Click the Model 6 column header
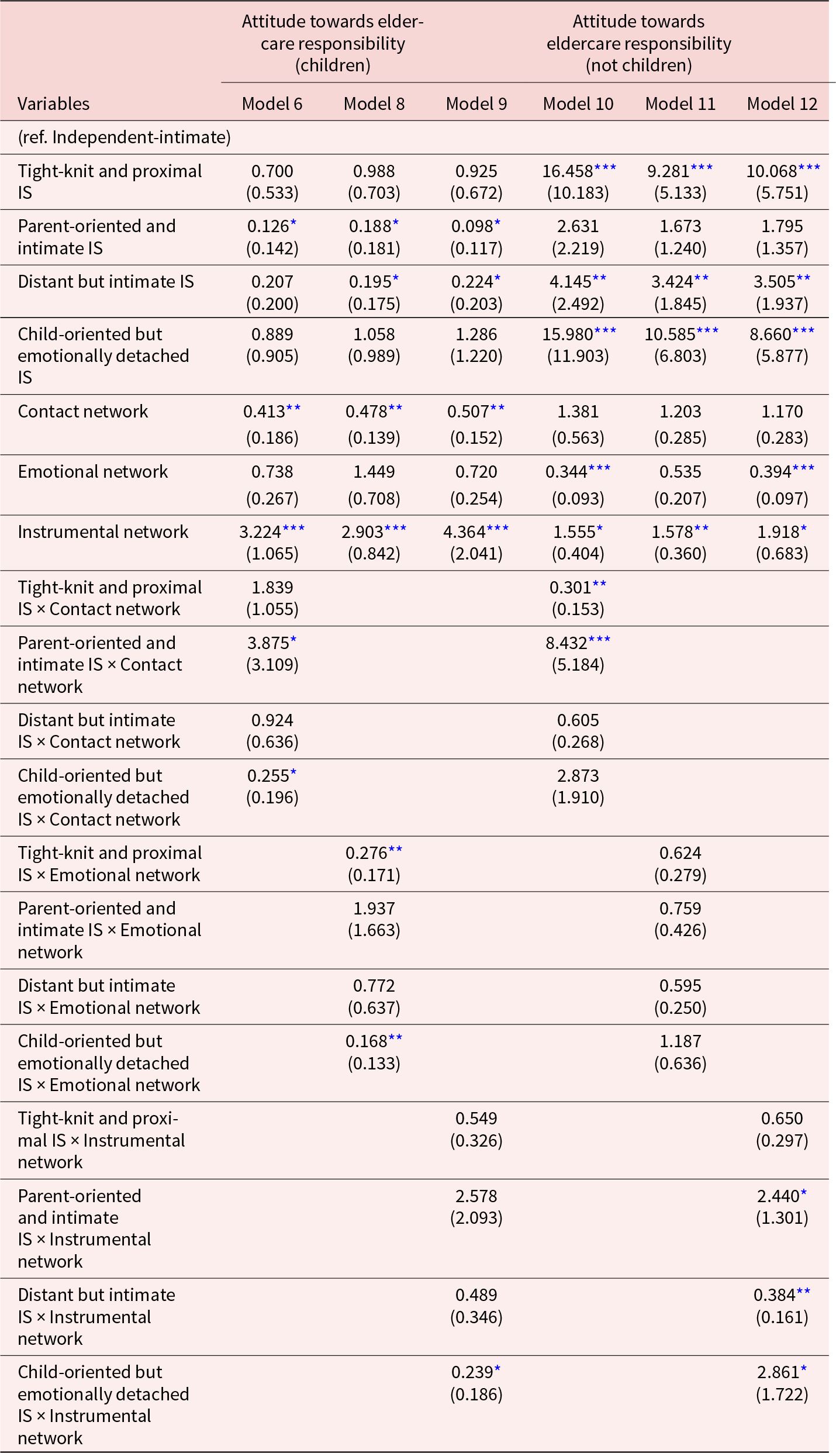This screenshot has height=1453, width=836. point(272,104)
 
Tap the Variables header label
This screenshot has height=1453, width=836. point(54,104)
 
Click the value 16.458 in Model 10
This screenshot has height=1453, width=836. point(568,171)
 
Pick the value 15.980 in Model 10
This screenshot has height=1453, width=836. point(568,334)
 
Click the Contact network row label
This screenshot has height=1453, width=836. point(83,412)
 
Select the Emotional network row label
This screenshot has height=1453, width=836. point(93,472)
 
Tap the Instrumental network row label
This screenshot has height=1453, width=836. point(103,532)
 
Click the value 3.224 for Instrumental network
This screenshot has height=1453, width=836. point(261,532)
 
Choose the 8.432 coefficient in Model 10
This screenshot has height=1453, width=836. point(566,643)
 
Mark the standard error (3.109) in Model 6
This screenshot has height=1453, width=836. point(272,665)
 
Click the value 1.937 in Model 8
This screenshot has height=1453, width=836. point(374,909)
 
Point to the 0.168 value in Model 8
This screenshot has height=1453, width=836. point(367,1041)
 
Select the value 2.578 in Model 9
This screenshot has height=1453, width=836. point(476,1196)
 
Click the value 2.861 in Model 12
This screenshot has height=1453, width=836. point(778,1372)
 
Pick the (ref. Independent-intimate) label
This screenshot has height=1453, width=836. point(124,137)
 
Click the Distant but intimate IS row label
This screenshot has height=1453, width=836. point(106,282)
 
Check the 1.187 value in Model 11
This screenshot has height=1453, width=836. point(680,1041)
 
